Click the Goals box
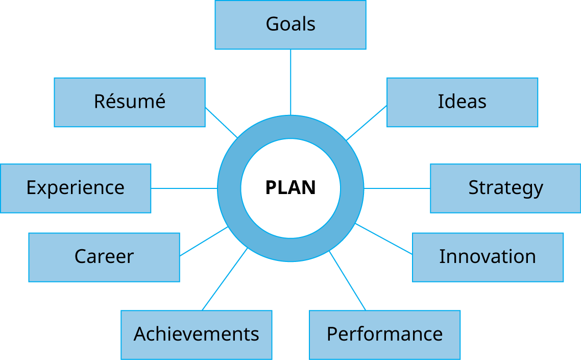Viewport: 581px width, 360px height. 290,25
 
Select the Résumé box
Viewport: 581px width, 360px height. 130,102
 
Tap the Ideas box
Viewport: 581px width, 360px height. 462,102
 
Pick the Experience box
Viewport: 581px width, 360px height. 76,188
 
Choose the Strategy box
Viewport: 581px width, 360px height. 505,188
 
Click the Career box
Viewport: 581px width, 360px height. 104,257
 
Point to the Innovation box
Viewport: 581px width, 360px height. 488,257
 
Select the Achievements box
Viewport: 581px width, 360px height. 196,334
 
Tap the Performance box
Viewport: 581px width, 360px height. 384,334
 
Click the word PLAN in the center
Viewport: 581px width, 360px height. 290,188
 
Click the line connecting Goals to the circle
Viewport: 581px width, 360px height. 290,82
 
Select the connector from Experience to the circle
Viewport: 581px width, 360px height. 184,188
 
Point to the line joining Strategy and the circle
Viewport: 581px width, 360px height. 397,188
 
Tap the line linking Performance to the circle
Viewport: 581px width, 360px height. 348,281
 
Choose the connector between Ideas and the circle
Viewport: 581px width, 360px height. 367,123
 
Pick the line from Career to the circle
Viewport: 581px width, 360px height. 204,242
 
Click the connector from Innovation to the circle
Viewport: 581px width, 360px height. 383,238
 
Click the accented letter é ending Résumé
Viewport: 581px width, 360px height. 160,102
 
